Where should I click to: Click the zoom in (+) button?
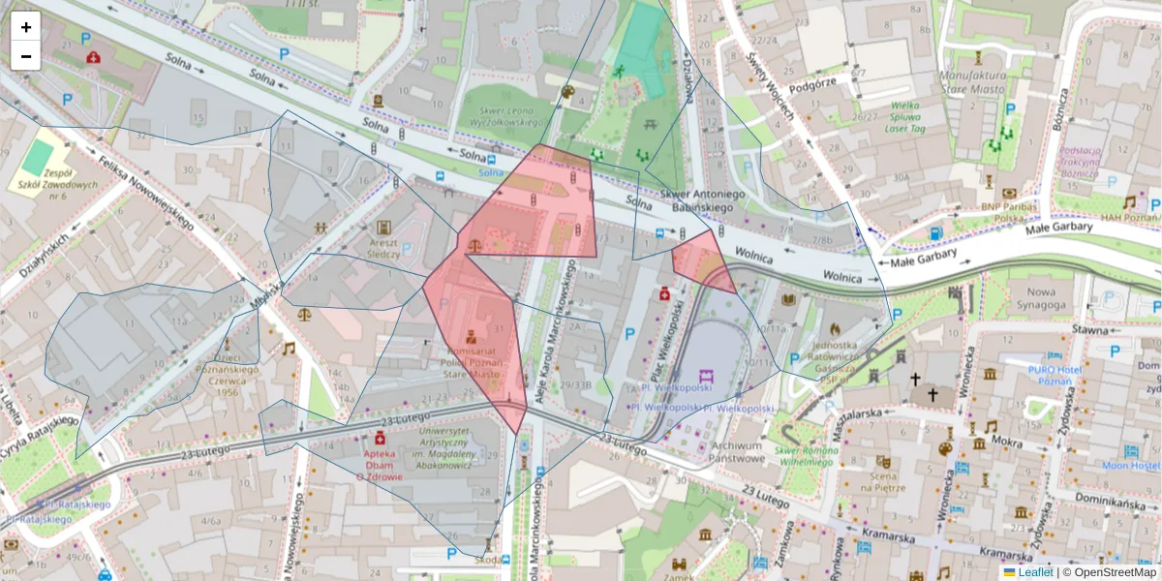tap(26, 27)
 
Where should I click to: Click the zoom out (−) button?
tap(26, 56)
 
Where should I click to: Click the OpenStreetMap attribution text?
tap(1110, 572)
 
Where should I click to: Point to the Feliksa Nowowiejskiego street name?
tap(144, 190)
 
